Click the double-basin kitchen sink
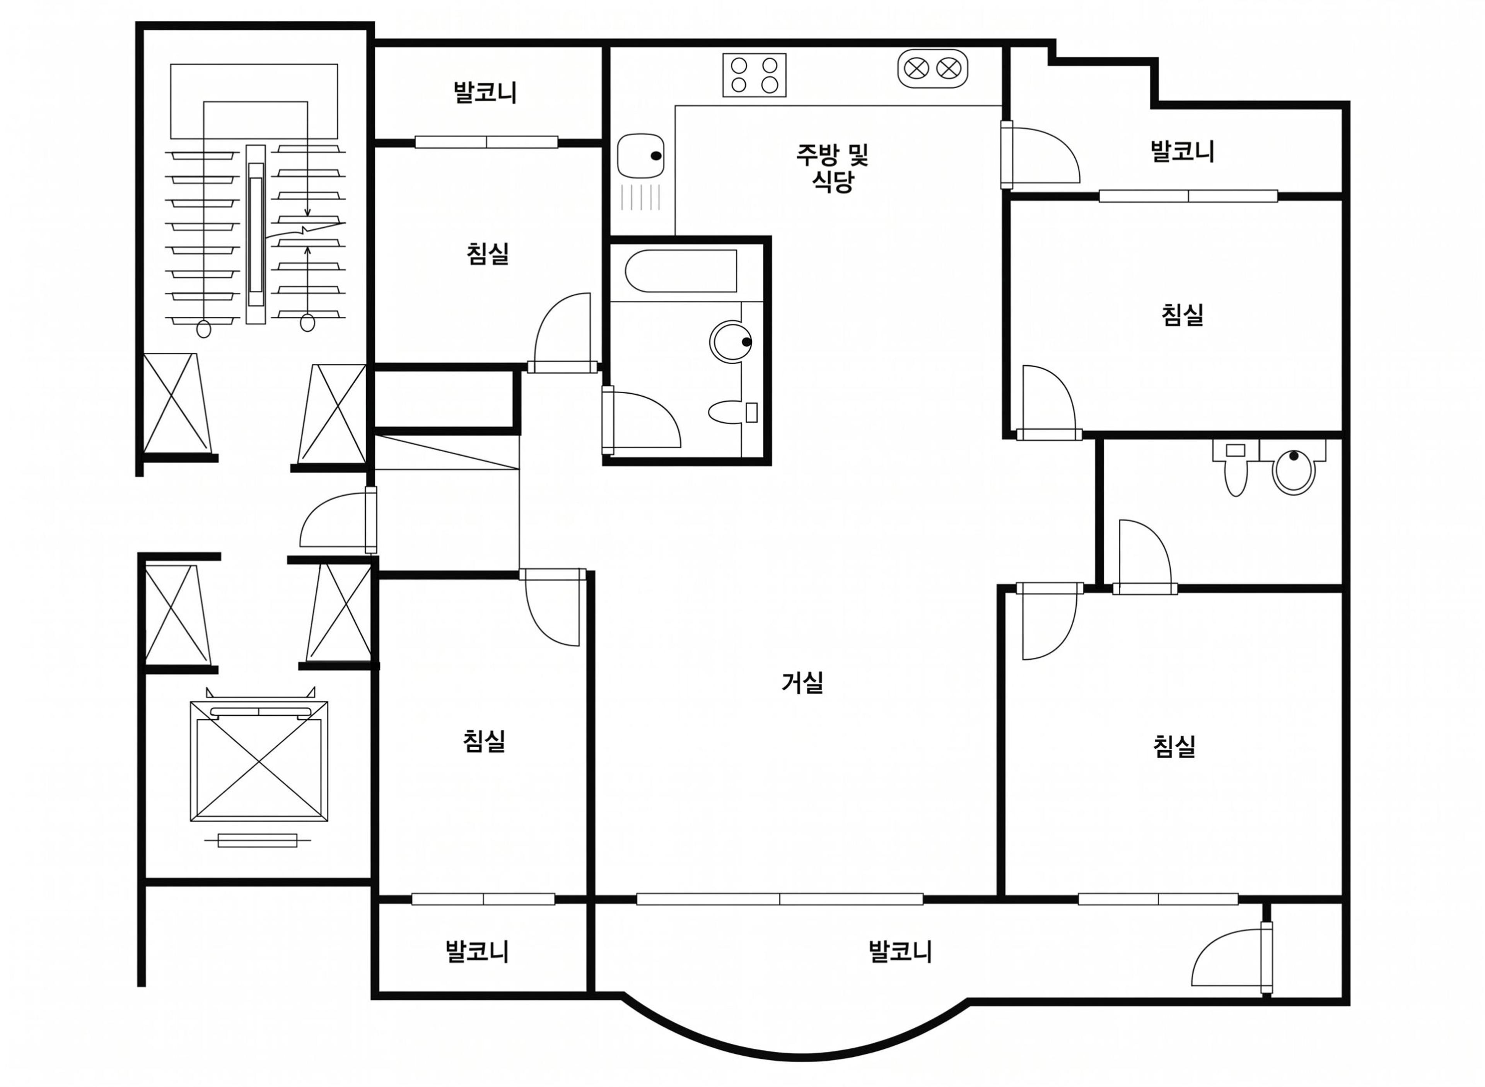click(x=932, y=68)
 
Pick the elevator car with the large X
click(x=259, y=761)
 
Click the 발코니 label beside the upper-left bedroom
click(x=485, y=92)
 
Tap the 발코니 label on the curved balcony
click(x=900, y=951)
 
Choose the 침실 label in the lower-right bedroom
click(x=1174, y=746)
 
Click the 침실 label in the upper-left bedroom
click(x=488, y=253)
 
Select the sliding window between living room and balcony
click(x=780, y=899)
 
